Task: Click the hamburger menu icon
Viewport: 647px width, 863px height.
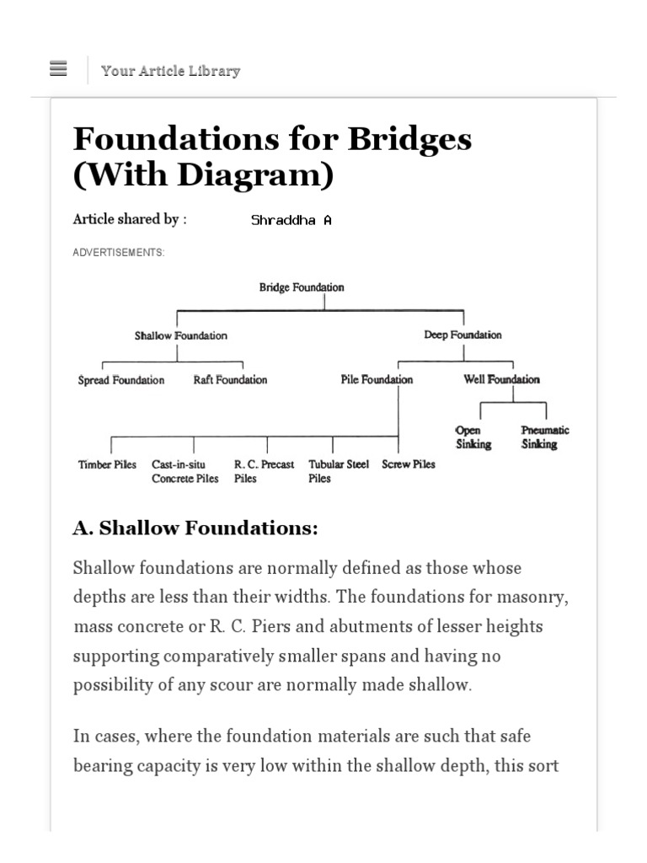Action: click(58, 69)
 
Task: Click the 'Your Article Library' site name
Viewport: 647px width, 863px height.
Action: click(170, 71)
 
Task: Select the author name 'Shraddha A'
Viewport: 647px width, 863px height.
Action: click(291, 220)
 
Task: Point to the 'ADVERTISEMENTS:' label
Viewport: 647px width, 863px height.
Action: click(119, 252)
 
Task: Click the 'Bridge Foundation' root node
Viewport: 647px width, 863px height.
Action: click(302, 287)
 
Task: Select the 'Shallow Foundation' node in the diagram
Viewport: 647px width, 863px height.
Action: click(180, 335)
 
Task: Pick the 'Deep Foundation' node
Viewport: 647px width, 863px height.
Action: click(463, 335)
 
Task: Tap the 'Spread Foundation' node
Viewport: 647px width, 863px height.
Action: click(121, 380)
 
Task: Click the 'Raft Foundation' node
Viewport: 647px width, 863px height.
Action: click(230, 380)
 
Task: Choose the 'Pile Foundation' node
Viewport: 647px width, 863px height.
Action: click(377, 379)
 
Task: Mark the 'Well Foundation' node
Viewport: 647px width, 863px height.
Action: click(502, 379)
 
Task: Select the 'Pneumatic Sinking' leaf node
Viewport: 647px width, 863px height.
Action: click(544, 437)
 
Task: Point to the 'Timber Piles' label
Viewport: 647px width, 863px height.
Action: click(107, 464)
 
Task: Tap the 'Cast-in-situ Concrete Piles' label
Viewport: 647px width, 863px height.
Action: click(184, 471)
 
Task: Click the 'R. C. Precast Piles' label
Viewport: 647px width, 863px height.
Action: click(264, 471)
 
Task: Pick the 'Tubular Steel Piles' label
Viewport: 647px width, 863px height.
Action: click(338, 471)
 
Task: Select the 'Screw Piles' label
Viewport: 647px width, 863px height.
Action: click(409, 464)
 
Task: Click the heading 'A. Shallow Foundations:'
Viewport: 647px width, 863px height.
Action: click(195, 528)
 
